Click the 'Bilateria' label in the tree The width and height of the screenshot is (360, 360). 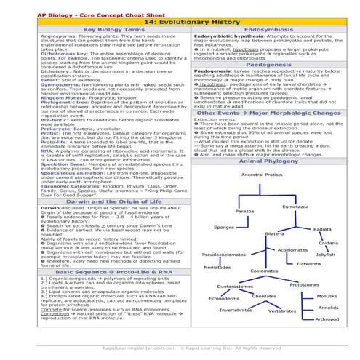pos(274,233)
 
